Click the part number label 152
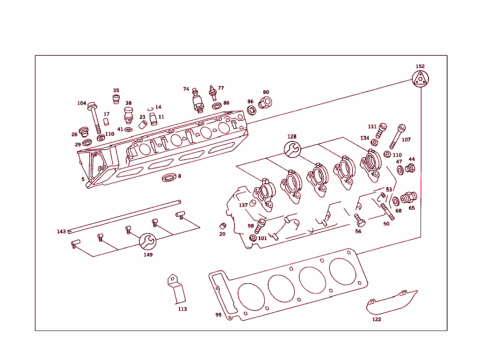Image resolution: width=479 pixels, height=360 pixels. pos(420,66)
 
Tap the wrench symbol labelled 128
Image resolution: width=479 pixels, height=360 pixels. pos(292,149)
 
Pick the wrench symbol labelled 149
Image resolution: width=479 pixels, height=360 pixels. pos(147,242)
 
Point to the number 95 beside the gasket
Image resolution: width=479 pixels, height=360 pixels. pos(218,315)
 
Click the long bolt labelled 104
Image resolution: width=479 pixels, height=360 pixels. pos(94,117)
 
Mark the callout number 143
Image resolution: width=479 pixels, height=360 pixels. pos(61,232)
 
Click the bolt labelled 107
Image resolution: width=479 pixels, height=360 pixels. pos(397,136)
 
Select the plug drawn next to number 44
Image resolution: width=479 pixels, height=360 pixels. pos(410,168)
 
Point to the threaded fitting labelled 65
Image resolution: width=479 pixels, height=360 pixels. pos(408,198)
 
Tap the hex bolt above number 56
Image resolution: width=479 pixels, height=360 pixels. pos(359,219)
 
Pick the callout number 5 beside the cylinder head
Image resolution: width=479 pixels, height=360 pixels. pos(83,179)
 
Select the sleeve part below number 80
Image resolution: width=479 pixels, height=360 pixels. pos(265,102)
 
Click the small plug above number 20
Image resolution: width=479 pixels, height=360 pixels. pos(223,226)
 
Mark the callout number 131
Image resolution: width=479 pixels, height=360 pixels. pos(372,126)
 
